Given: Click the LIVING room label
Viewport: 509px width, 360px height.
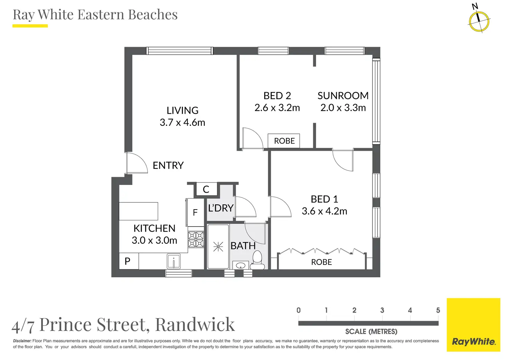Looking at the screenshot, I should (x=182, y=110).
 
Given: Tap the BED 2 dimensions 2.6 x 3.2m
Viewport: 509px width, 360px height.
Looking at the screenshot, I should (x=277, y=108).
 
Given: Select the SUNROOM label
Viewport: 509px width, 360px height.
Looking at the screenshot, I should (x=343, y=95).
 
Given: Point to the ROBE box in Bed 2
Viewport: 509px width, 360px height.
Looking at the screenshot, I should (x=284, y=141).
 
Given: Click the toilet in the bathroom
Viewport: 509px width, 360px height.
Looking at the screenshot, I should (x=257, y=260).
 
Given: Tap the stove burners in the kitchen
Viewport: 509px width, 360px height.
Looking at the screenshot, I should (x=196, y=239).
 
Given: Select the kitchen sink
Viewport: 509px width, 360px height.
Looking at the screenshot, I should (x=173, y=261).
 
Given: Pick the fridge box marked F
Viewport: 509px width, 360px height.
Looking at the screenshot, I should (x=195, y=212).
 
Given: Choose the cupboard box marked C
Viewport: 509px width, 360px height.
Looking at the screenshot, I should (x=206, y=189).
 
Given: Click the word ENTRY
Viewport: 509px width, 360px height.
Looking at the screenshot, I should (x=168, y=165).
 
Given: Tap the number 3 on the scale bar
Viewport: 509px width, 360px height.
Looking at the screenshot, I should (x=382, y=310).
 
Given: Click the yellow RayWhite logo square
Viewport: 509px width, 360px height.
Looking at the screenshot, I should (x=473, y=325).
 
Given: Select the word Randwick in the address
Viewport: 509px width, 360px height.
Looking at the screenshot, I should (x=195, y=324).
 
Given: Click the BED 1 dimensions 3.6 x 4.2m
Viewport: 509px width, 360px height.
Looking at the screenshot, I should (x=324, y=211).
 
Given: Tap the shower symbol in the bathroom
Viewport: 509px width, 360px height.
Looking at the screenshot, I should (x=218, y=246).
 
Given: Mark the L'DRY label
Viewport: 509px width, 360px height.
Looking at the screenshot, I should (x=221, y=208).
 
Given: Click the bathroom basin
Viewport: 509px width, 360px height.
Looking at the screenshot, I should (x=240, y=266).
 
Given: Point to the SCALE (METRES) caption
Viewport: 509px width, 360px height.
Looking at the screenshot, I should (x=371, y=332).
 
